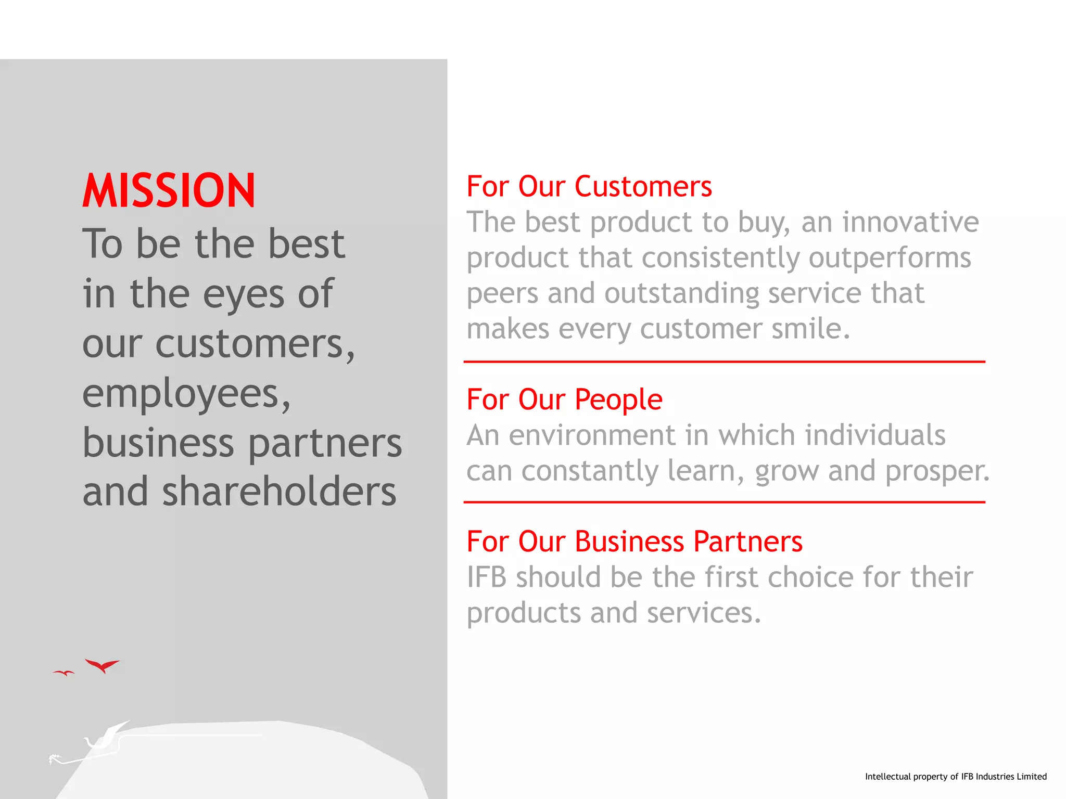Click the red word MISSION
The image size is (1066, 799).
169,191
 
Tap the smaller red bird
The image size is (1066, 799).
64,673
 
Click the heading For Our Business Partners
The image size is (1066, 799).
634,542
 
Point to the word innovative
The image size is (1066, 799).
910,222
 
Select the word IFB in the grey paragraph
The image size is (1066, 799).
486,577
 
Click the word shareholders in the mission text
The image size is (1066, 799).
279,492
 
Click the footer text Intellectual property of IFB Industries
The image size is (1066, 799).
955,777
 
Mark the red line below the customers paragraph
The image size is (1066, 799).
724,362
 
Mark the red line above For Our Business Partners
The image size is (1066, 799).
724,502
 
